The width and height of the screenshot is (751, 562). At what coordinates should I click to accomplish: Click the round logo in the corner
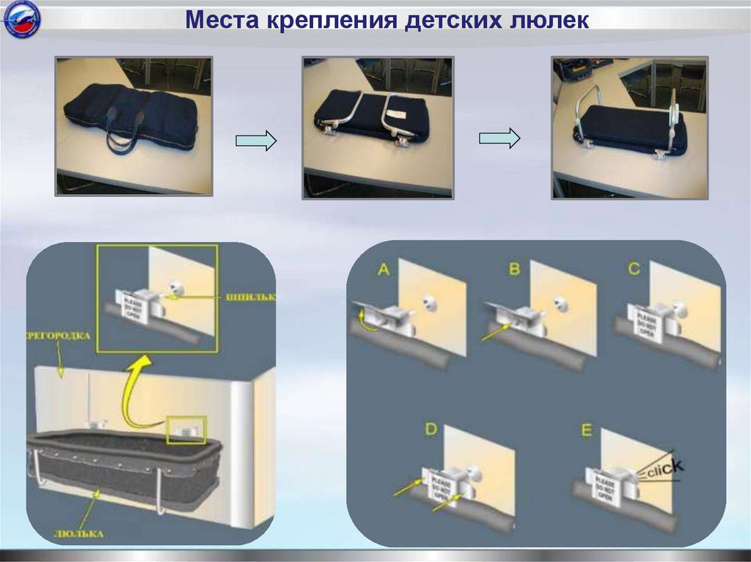click(x=22, y=20)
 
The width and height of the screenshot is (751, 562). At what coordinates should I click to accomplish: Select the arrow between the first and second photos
click(x=256, y=140)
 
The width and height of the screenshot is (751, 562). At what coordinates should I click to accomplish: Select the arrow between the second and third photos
click(x=499, y=138)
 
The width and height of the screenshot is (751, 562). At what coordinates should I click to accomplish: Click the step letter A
click(x=384, y=270)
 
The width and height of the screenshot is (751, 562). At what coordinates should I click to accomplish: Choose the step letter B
click(x=514, y=270)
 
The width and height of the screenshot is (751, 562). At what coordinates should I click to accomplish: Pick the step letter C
click(x=634, y=269)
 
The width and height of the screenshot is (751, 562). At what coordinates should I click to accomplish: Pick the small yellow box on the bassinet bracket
click(x=187, y=430)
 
